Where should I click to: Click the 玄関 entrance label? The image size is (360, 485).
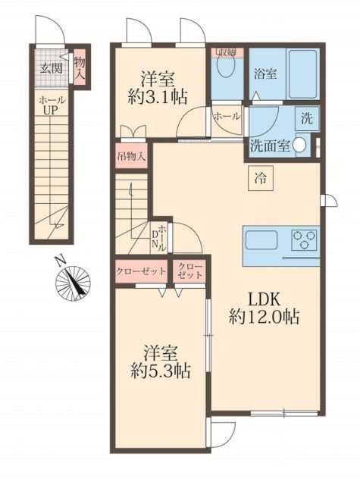[51, 68]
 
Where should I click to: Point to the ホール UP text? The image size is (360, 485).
[51, 106]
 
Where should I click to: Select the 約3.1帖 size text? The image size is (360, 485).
[159, 96]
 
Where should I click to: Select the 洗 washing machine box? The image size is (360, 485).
[307, 119]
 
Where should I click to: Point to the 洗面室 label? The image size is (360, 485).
[269, 146]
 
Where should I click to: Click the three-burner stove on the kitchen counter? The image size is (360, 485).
[305, 241]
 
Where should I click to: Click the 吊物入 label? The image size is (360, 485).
[132, 159]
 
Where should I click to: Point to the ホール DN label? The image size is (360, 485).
[160, 239]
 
